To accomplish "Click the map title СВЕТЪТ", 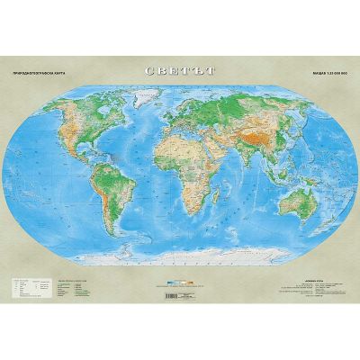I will [180, 70].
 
